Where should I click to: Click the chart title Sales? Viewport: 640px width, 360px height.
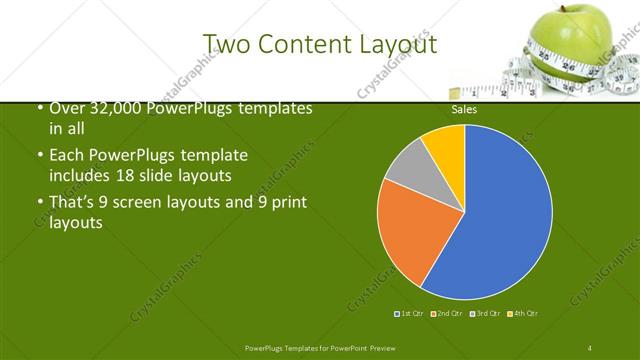point(464,110)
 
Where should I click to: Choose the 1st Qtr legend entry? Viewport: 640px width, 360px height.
point(410,314)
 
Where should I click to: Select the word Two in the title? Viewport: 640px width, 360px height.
point(226,43)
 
